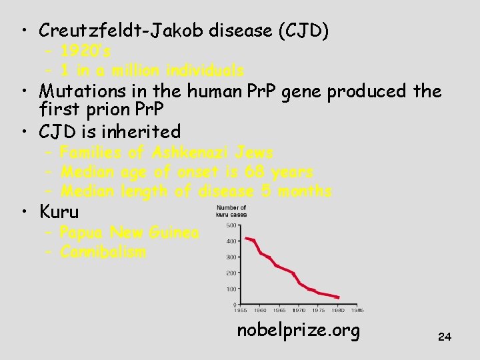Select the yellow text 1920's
pos(85,51)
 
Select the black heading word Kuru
pos(59,212)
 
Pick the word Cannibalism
pos(103,252)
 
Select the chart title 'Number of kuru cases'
pos(231,211)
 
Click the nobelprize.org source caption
pos(298,330)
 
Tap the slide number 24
pos(444,337)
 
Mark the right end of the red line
pos(339,297)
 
